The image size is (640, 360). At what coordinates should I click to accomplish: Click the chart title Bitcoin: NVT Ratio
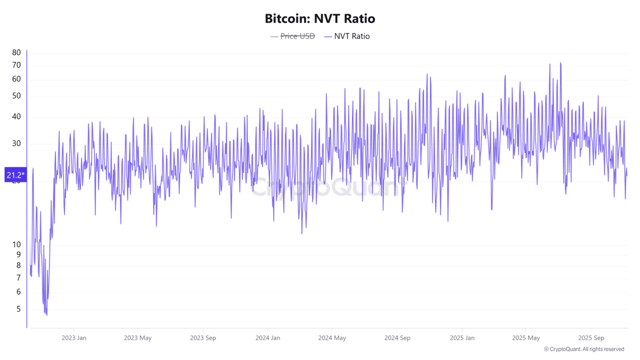coord(319,19)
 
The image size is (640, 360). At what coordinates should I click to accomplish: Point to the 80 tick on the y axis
coord(17,52)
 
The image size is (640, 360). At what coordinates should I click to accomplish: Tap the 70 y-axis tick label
coord(17,65)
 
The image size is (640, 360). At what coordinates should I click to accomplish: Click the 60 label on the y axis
coord(17,79)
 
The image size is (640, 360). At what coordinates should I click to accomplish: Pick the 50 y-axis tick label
coord(17,96)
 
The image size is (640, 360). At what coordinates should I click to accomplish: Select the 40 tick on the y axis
coord(17,117)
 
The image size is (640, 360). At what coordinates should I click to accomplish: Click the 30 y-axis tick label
coord(17,143)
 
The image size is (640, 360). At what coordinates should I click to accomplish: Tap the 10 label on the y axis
coord(17,244)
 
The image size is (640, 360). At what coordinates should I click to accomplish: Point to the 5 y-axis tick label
coord(19,309)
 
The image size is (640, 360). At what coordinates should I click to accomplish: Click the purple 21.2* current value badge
coord(15,174)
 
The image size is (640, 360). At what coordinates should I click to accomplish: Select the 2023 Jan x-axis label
coord(74,338)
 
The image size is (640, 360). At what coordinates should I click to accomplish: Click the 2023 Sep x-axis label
coord(203,338)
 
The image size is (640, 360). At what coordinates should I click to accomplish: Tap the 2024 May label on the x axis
coord(332,338)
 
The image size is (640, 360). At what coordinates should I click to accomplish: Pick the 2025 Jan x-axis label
coord(462,338)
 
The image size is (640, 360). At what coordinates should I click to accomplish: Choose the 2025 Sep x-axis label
coord(591,338)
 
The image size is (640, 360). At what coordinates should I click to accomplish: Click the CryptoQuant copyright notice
coord(584,349)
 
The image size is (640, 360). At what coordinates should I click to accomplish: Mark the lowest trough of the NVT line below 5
coord(47,315)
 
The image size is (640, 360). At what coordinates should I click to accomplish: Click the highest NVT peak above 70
coord(560,63)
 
